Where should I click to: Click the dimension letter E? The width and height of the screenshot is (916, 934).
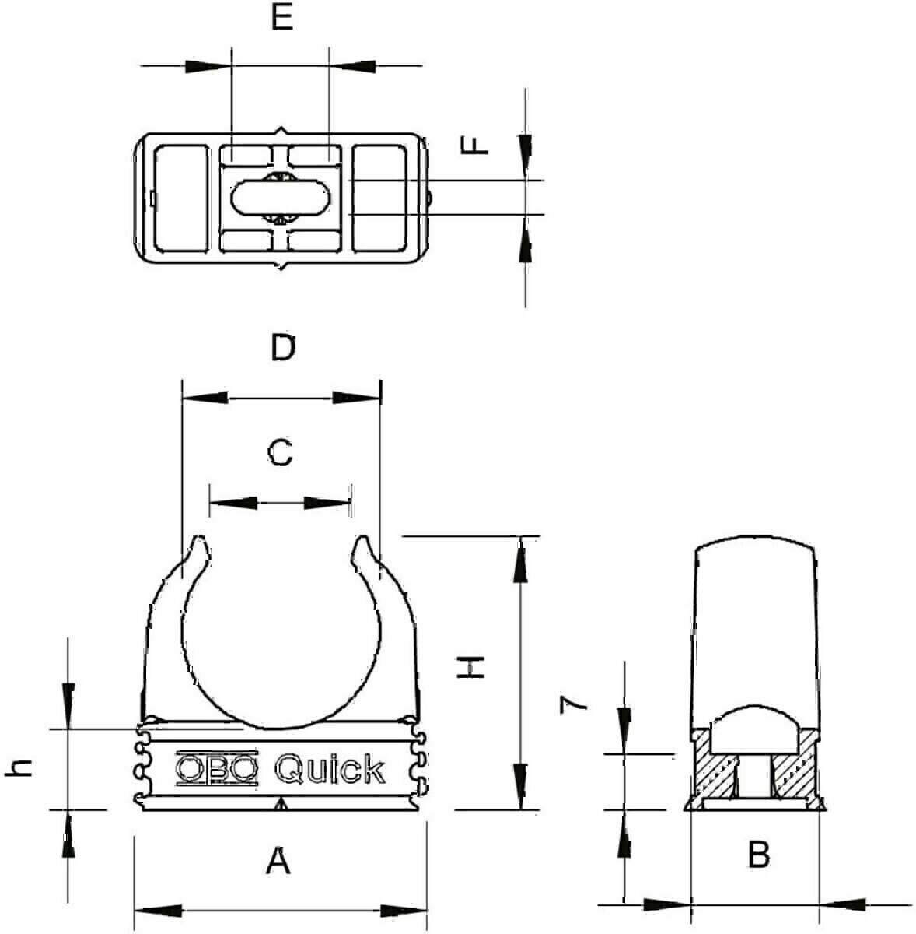(282, 17)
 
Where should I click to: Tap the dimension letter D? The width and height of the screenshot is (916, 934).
(284, 348)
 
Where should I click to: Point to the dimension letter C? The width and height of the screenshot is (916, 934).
(280, 451)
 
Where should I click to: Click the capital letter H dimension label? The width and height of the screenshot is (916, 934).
(471, 667)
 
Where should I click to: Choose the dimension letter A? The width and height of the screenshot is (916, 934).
(278, 861)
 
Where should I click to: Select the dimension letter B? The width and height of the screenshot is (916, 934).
(758, 854)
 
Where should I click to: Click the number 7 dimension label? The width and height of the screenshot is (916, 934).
(575, 705)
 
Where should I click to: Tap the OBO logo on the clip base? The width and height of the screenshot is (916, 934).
(216, 768)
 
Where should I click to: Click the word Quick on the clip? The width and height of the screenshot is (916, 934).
(330, 769)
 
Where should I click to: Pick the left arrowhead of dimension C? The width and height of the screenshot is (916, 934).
(233, 503)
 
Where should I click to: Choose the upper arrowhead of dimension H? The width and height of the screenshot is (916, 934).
(520, 558)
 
